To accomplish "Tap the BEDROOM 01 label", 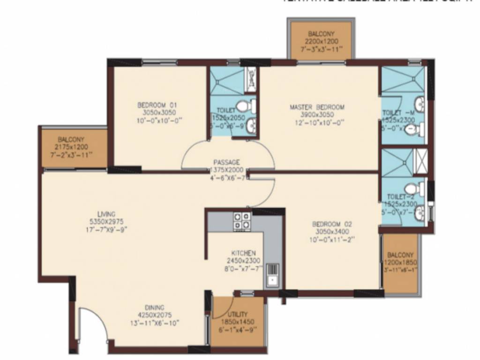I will tap(157, 105).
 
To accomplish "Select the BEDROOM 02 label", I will tap(332, 224).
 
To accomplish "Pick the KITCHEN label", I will tap(242, 253).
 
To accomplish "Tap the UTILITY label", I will tap(238, 314).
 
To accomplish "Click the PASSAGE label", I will tap(227, 162).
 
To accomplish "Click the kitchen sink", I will tap(272, 275).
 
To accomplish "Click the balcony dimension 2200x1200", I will tap(322, 41).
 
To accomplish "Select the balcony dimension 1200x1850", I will tap(400, 262).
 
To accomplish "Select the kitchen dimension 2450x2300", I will tap(243, 261).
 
